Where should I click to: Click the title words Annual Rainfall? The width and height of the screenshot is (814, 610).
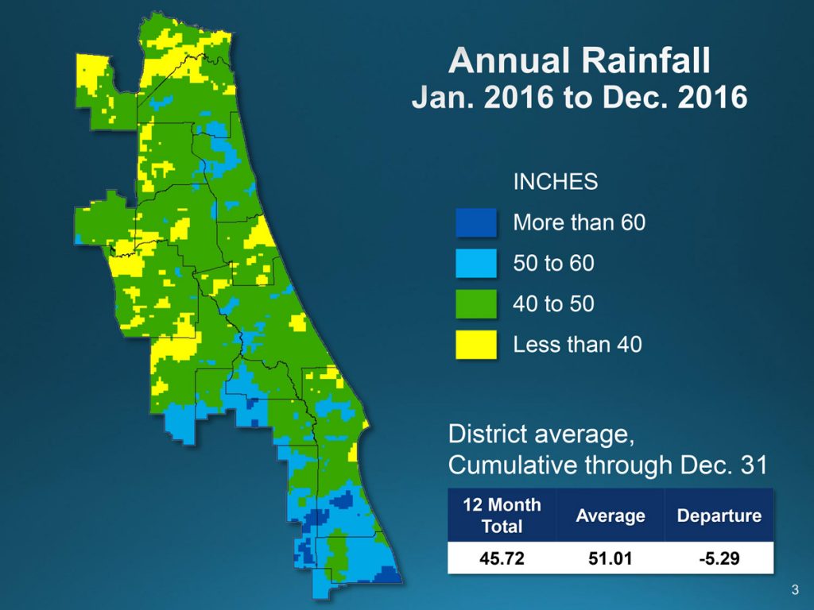point(579,61)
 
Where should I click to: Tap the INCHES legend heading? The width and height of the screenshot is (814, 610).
point(555,181)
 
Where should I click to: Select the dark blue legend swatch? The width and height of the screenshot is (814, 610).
point(476,223)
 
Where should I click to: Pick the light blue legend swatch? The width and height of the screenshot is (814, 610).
point(476,264)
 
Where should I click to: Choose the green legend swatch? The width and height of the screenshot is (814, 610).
point(476,304)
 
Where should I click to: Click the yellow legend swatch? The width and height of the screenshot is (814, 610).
point(476,345)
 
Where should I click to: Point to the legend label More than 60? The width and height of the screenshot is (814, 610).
point(579,222)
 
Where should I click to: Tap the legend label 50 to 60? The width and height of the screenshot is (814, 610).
point(553,263)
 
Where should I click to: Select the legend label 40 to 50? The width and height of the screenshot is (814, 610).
point(553,303)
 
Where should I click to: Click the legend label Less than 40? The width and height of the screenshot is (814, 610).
point(577,344)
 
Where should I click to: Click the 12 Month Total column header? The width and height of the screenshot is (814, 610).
point(502,515)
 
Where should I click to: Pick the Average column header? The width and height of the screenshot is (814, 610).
point(610,515)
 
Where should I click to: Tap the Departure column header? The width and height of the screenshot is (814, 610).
point(719,515)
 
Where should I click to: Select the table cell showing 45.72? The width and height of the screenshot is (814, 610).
point(502,558)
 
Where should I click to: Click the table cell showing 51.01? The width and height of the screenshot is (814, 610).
point(610,558)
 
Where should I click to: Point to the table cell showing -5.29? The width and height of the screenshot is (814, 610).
point(719,558)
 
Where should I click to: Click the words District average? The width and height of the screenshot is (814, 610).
point(541,434)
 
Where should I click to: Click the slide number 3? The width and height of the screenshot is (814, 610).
point(795,589)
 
